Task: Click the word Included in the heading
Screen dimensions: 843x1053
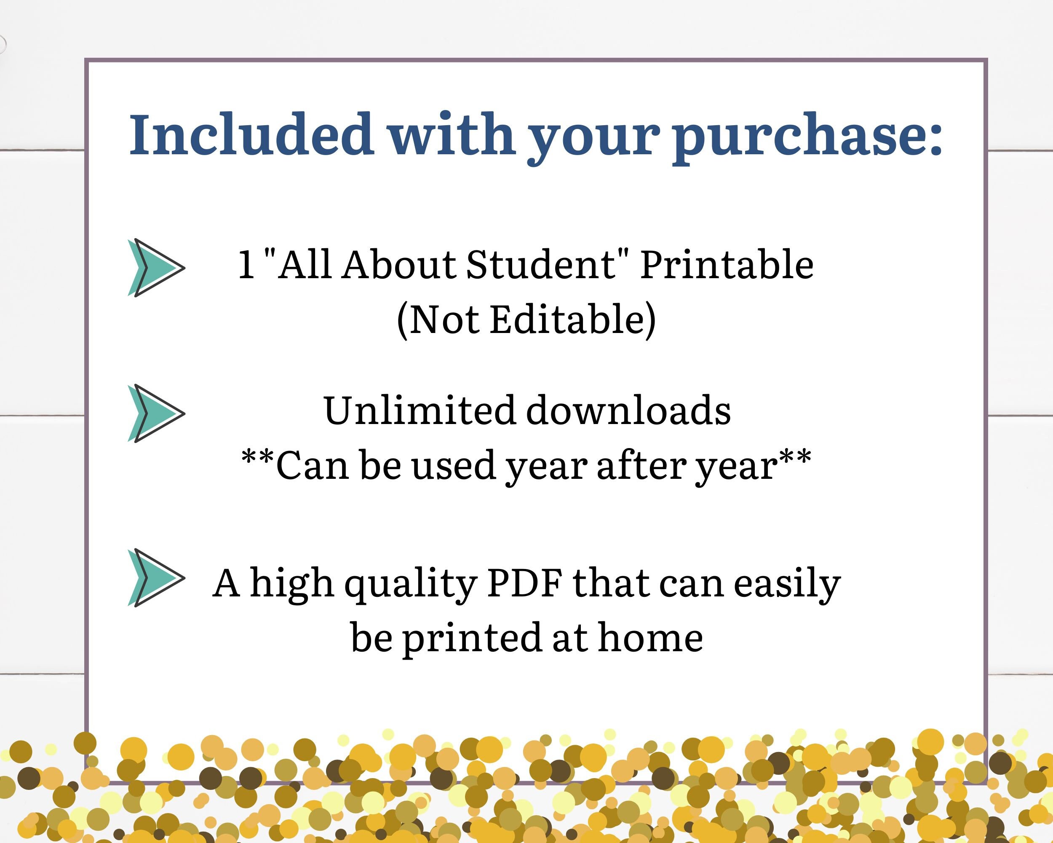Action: tap(251, 134)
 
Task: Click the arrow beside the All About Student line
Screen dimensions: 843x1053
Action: tap(156, 268)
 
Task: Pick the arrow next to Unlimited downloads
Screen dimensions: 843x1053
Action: tap(156, 413)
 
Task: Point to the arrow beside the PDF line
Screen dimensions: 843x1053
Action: tap(156, 577)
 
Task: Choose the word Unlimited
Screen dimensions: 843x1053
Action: tap(419, 411)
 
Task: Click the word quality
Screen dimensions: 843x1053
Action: tap(410, 585)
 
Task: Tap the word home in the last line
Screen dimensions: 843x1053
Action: tap(651, 637)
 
